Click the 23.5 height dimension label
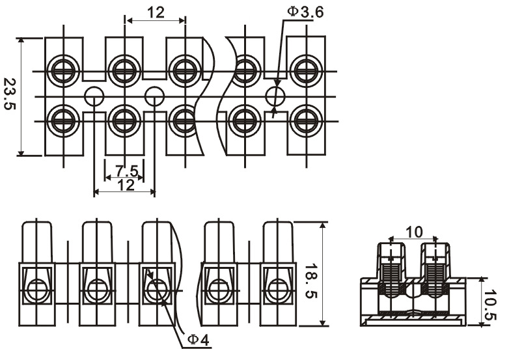click(x=10, y=94)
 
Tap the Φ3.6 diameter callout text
click(x=305, y=12)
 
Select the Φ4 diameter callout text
click(x=199, y=340)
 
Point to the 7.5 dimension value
click(x=127, y=171)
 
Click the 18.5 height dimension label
click(x=311, y=281)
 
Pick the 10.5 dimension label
click(x=490, y=305)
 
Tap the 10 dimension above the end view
click(x=414, y=232)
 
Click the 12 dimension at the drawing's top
click(x=156, y=12)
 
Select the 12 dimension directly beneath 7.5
click(x=126, y=185)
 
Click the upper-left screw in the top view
click(x=63, y=71)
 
